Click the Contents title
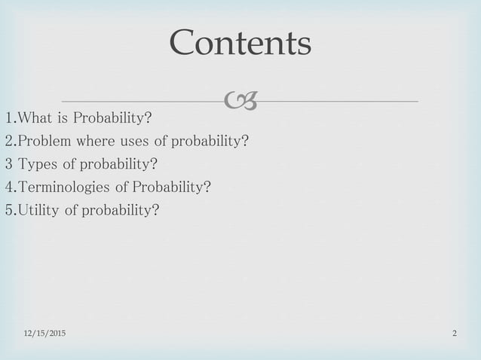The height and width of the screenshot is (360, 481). tap(240, 43)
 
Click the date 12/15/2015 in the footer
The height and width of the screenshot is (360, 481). tap(43, 333)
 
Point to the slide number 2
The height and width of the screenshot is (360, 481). tap(455, 333)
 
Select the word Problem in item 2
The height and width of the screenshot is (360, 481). tap(45, 141)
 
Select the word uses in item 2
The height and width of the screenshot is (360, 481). tap(137, 141)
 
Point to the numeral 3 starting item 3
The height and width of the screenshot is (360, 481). tap(8, 163)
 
